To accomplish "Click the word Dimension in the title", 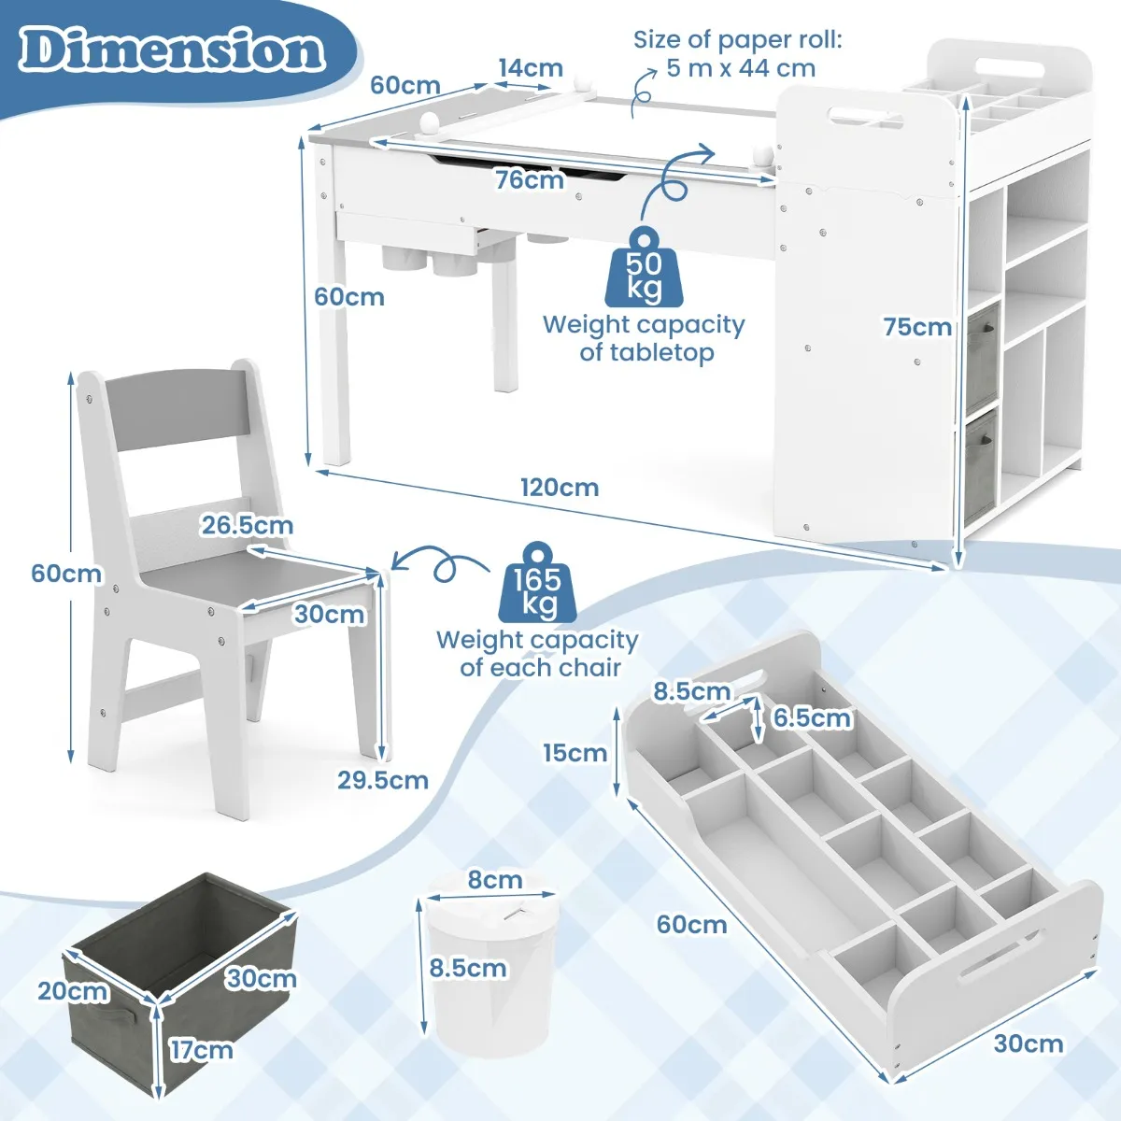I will coord(173,50).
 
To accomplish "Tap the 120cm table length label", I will coord(560,488).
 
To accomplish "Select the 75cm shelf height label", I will coord(917,327).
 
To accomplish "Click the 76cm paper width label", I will coord(530,179).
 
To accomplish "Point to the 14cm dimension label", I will coord(530,68).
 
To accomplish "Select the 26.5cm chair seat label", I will coord(247,525).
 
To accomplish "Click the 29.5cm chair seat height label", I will coord(383,780).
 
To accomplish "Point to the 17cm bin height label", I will coord(201,1050).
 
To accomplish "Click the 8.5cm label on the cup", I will coord(468,968).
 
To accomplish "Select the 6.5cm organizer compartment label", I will coord(812,717).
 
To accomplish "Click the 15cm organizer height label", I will coord(575,753).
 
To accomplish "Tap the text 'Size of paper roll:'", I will coord(737,40).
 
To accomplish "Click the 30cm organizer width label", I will coord(1028,1043).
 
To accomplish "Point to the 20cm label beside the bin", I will coord(73,990).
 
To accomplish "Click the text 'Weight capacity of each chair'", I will coord(537,654).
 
